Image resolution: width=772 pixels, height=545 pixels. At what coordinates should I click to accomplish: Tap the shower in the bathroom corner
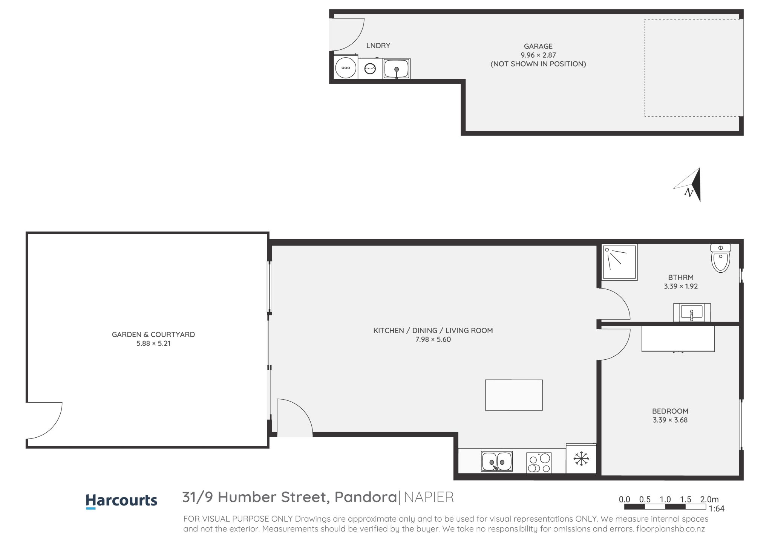619,262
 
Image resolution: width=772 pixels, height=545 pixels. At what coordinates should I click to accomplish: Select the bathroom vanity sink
692,313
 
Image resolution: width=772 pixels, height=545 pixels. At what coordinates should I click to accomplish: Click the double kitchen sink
497,461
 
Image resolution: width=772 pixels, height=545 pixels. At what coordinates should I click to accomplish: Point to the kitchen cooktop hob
539,463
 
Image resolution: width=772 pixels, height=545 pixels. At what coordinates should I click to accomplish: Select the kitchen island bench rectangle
514,395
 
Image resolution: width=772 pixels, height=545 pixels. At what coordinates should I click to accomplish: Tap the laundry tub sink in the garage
397,69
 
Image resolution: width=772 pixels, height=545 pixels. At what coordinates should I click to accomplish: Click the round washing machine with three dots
346,68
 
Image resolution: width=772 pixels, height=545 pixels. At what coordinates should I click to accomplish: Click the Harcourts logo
121,501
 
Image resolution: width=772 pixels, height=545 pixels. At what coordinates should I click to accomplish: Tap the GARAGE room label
538,46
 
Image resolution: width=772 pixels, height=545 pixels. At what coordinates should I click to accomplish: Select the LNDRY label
378,46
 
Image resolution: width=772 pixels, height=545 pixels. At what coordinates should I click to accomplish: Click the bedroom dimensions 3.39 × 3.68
670,420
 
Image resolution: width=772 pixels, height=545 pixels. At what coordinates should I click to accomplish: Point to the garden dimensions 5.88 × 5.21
153,343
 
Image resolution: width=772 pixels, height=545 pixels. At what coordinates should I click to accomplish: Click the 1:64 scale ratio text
717,508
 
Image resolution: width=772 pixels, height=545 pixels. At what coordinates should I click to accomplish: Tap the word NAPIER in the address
429,497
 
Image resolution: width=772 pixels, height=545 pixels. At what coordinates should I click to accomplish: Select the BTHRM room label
681,277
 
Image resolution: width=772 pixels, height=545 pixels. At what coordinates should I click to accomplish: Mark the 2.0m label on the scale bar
709,499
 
